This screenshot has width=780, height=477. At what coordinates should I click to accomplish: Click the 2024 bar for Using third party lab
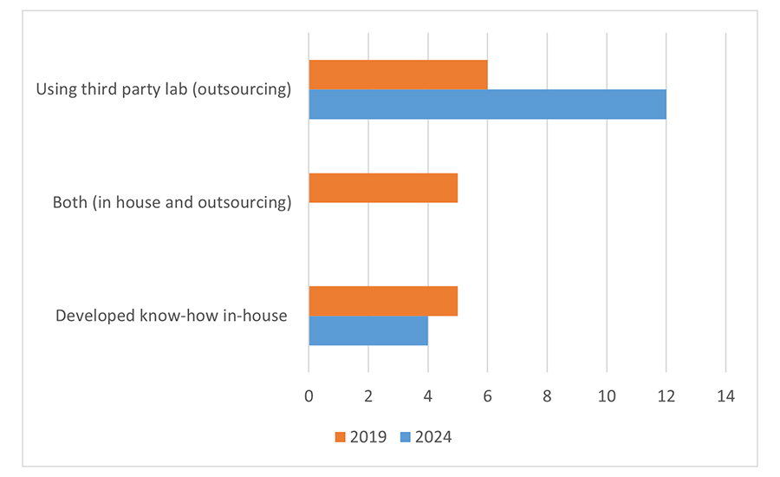coord(487,104)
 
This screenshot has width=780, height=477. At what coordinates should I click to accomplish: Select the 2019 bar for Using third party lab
coord(398,75)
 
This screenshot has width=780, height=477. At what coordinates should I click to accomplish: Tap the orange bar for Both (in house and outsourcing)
coord(383,187)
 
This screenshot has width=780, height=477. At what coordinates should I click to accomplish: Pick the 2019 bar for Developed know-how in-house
coord(383,300)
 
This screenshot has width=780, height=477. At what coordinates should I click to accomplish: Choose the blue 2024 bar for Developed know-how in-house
coord(368,330)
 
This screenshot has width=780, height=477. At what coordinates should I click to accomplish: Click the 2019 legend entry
coord(359,436)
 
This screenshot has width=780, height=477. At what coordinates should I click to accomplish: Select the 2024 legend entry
coord(424,436)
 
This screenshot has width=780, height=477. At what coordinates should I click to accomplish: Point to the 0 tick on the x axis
coord(309,395)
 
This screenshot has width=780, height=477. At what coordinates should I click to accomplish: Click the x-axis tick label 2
coord(368,395)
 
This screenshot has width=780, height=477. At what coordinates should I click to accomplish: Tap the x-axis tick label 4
coord(428,395)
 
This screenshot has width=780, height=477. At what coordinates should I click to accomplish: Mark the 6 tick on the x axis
coord(488,395)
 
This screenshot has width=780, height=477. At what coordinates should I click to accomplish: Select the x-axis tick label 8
coord(547,395)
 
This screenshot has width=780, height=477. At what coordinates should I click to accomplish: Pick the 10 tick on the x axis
coord(607,395)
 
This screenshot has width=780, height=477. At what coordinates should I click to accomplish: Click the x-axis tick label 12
coord(666,395)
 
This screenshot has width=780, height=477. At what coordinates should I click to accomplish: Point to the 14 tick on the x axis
coord(725,395)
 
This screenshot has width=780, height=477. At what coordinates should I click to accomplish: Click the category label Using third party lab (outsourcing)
coord(163,89)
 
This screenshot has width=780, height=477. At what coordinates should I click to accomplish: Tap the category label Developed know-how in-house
coord(171,316)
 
